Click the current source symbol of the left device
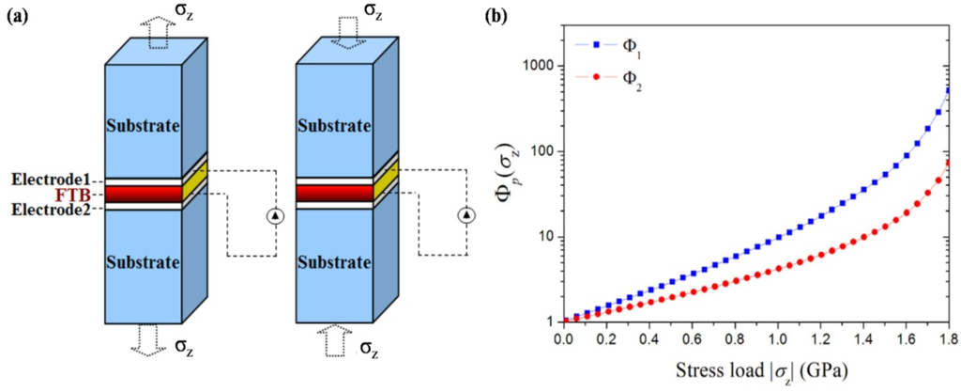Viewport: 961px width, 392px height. pos(275,216)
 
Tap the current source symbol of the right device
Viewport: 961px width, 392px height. pos(466,216)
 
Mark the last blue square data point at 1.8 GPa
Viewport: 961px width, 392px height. pos(948,91)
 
